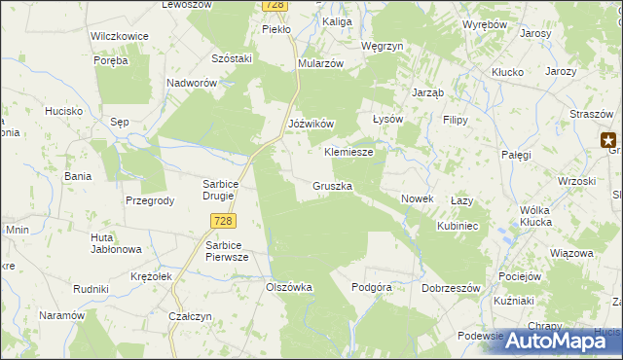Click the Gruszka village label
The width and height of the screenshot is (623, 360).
click(333, 185)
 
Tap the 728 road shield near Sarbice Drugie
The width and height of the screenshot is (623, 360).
click(222, 222)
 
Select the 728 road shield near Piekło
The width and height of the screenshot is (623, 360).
click(275, 6)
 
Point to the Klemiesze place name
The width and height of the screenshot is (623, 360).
click(348, 153)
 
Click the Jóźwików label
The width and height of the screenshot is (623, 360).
click(311, 125)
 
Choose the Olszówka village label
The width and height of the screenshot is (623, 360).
click(289, 287)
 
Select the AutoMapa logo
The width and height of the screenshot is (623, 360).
click(562, 340)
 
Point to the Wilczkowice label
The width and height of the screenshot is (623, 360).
click(119, 36)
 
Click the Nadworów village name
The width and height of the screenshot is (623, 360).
click(191, 84)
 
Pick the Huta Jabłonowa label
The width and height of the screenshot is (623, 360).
click(116, 243)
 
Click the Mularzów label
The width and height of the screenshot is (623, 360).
click(321, 63)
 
